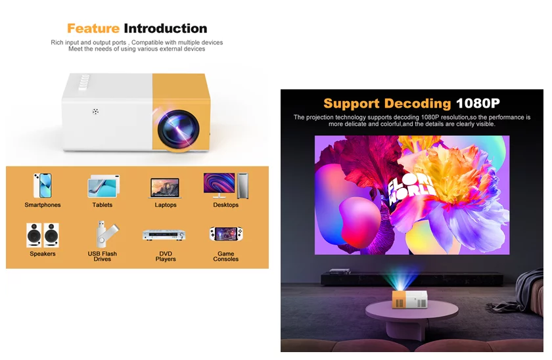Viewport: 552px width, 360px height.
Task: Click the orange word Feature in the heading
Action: coord(93,28)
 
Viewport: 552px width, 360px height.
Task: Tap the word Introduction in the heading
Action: coord(166,28)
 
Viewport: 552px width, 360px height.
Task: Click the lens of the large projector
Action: coord(179,129)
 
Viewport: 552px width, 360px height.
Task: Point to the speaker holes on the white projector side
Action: coord(95,112)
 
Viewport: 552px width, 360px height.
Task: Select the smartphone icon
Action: coord(43,185)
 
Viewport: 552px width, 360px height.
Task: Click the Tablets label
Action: coord(103,205)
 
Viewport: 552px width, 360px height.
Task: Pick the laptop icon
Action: coord(166,188)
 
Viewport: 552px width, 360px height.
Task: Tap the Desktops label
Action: coord(225,205)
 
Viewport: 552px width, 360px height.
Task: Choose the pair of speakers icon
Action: coord(43,235)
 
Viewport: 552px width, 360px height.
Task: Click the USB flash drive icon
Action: coord(104,234)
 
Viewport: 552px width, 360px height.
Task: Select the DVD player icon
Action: coord(164,235)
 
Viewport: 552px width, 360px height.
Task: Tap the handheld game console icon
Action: coord(226,234)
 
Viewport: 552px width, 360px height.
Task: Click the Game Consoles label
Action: coord(225,256)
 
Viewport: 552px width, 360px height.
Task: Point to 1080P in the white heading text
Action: coord(478,103)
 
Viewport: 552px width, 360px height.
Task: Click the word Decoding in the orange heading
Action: coord(417,103)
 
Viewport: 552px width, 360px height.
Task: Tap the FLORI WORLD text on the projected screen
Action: coord(410,189)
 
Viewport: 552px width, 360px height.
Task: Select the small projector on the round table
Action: coord(410,299)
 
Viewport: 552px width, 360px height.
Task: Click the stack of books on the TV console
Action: coord(340,271)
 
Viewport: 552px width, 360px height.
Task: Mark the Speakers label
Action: coord(43,254)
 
